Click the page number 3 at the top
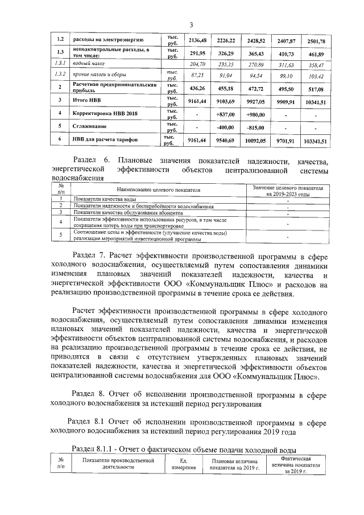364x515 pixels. click(191, 24)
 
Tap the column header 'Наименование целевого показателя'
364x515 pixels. click(159, 189)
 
